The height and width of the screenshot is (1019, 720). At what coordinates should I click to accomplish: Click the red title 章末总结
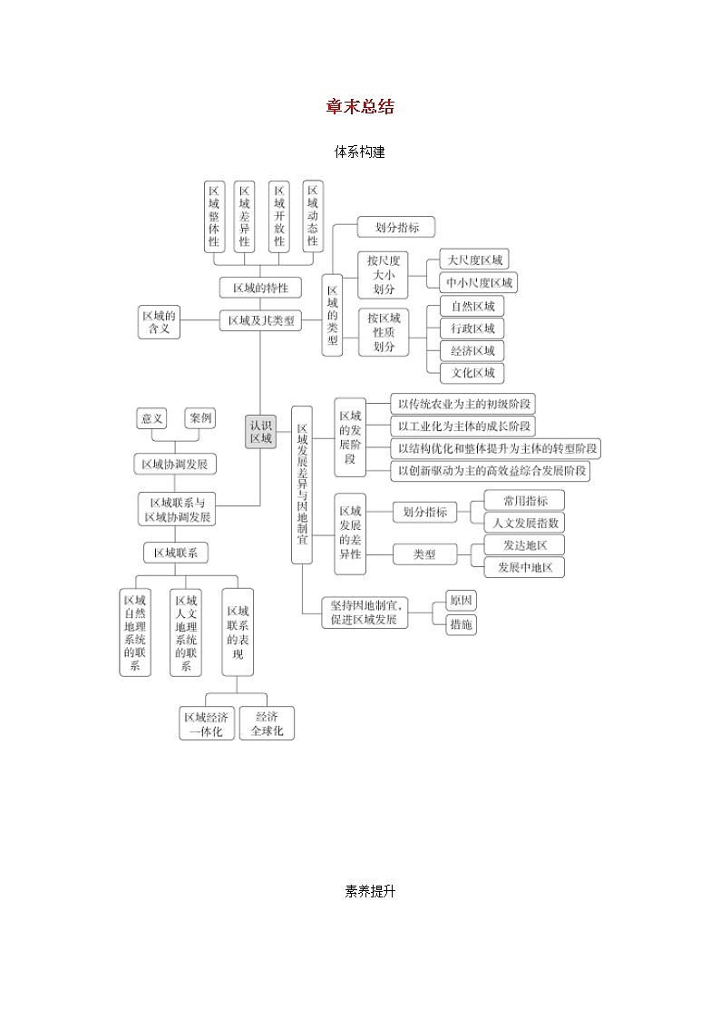[x=360, y=107]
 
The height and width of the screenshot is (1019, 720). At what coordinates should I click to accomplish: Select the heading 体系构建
[x=360, y=152]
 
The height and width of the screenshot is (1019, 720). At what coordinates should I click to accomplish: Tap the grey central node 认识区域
[x=260, y=431]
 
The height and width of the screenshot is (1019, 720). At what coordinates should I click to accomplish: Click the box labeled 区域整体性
[x=214, y=216]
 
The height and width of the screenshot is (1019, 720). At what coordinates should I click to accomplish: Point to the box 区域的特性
[x=260, y=288]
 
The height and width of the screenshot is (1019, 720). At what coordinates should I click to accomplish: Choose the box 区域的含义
[x=159, y=322]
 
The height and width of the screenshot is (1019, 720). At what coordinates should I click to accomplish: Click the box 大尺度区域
[x=472, y=260]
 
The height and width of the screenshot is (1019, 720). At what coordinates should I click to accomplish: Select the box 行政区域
[x=472, y=328]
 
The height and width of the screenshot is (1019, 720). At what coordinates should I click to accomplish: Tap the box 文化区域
[x=472, y=373]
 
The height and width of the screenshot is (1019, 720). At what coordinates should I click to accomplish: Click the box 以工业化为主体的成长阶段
[x=462, y=426]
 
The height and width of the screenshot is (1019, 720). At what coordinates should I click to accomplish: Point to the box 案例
[x=200, y=418]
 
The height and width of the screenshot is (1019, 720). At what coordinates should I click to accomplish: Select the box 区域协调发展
[x=175, y=465]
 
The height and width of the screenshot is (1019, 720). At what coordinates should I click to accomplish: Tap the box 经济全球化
[x=268, y=724]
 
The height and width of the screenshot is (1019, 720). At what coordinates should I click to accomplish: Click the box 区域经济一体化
[x=206, y=724]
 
